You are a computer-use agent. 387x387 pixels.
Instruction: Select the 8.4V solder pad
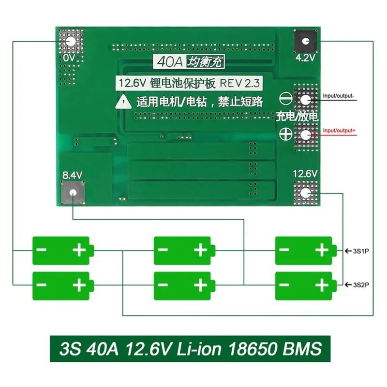[x=73, y=192]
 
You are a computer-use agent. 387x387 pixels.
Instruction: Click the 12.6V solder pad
[x=305, y=193]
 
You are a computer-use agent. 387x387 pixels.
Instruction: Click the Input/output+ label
[x=339, y=131]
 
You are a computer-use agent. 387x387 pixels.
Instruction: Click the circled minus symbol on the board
[x=286, y=100]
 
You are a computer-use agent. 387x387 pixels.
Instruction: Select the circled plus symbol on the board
[x=286, y=135]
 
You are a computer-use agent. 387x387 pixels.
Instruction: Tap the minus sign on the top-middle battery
[x=164, y=250]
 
